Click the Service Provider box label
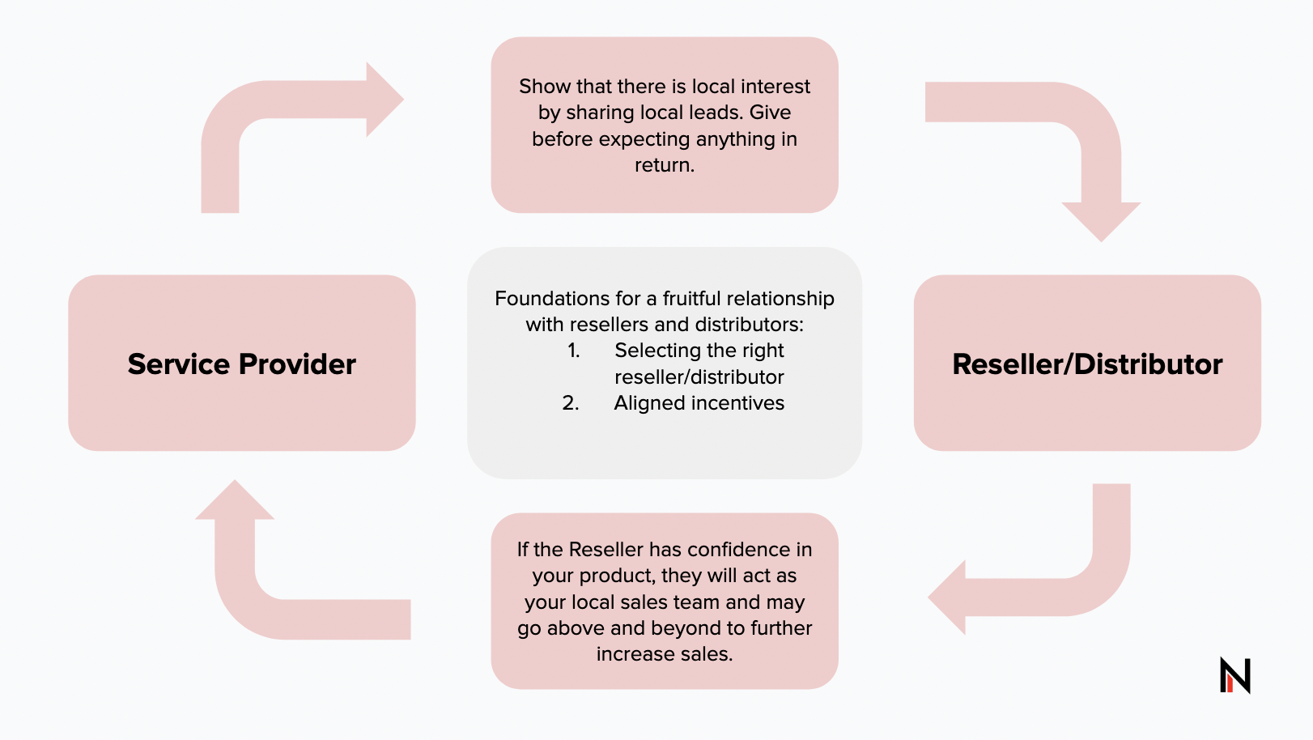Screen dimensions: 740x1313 241,364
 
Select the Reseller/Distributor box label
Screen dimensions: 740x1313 1086,364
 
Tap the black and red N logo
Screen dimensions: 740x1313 1234,674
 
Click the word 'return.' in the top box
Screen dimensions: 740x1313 664,165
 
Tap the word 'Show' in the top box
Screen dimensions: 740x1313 544,87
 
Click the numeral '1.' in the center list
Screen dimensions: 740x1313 573,351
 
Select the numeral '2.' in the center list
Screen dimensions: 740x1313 571,403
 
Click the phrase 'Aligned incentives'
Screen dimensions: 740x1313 699,403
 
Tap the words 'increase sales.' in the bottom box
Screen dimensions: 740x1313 664,654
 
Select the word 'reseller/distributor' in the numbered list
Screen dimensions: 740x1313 699,377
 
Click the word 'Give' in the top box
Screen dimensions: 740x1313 770,113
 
